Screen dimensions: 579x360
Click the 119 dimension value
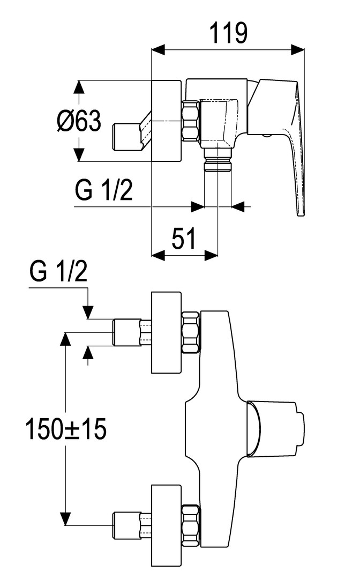(228, 33)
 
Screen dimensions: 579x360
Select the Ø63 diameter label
(79, 122)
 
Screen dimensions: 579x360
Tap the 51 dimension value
(184, 238)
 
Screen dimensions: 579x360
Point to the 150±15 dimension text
(66, 429)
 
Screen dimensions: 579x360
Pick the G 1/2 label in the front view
(58, 273)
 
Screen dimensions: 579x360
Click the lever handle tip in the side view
(301, 213)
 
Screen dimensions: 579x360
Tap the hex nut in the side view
(190, 121)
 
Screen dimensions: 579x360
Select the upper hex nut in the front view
(190, 332)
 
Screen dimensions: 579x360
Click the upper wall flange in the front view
(167, 332)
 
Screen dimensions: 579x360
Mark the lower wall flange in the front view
(167, 525)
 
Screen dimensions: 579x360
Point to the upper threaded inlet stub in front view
(126, 332)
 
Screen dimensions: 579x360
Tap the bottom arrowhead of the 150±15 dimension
(65, 519)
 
